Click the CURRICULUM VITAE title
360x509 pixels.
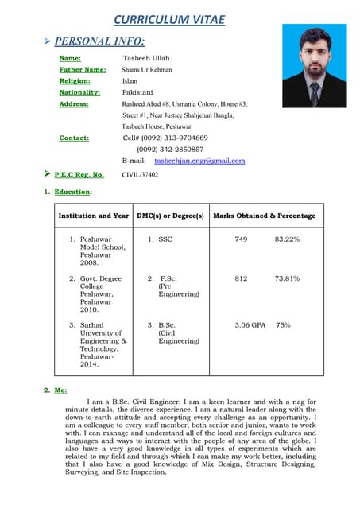pyautogui.click(x=168, y=19)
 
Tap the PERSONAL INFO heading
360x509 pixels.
pyautogui.click(x=99, y=41)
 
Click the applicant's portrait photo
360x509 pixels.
pyautogui.click(x=314, y=65)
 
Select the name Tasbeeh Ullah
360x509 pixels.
pyautogui.click(x=146, y=58)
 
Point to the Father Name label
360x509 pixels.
pyautogui.click(x=83, y=70)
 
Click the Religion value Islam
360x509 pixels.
pyautogui.click(x=130, y=81)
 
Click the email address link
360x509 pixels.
pyautogui.click(x=199, y=161)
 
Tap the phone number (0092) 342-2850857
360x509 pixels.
pyautogui.click(x=170, y=149)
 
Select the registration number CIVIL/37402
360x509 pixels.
pyautogui.click(x=140, y=174)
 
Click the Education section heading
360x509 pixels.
pyautogui.click(x=72, y=192)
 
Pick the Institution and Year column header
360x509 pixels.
pyautogui.click(x=94, y=216)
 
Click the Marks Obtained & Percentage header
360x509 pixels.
pyautogui.click(x=264, y=216)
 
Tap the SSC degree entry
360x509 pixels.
pyautogui.click(x=165, y=239)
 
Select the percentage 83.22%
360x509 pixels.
pyautogui.click(x=287, y=239)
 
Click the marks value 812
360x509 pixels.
pyautogui.click(x=241, y=278)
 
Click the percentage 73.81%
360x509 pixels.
pyautogui.click(x=287, y=278)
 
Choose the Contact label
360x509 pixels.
pyautogui.click(x=74, y=138)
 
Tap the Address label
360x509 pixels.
pyautogui.click(x=74, y=104)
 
